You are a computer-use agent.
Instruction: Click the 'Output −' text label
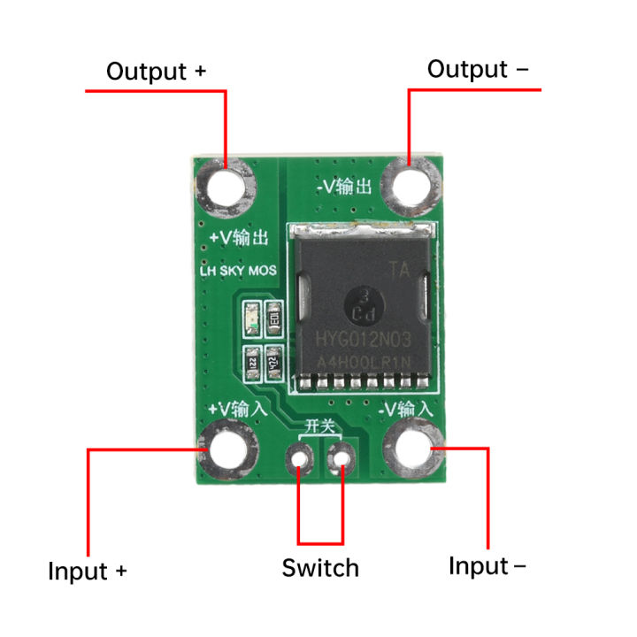point(479,69)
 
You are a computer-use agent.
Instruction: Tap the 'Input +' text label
point(88,571)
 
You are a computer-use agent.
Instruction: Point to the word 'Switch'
point(320,568)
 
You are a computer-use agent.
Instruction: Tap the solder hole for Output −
point(411,185)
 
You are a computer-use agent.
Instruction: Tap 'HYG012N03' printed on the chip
point(364,338)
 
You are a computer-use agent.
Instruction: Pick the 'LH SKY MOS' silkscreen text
point(238,270)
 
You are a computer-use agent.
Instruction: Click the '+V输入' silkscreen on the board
point(236,409)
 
